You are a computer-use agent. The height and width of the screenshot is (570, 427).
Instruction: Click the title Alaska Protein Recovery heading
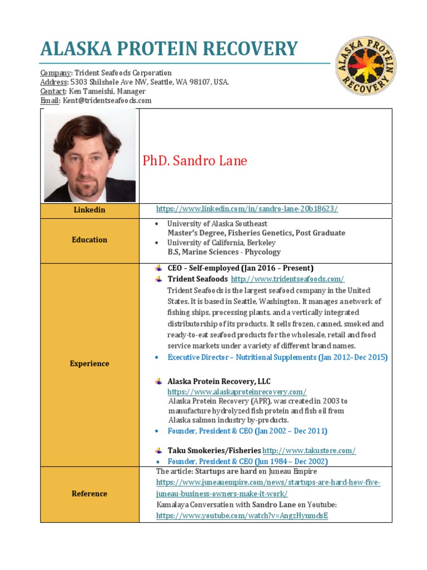[x=169, y=49]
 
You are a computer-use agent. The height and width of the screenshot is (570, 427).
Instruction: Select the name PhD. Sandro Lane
[x=195, y=161]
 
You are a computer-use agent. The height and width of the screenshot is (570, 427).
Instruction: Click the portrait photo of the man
[x=90, y=155]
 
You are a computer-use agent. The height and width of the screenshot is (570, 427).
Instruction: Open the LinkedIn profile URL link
[x=247, y=209]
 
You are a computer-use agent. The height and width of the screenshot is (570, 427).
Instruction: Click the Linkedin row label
[x=90, y=210]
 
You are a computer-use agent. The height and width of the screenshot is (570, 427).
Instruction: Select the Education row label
[x=90, y=240]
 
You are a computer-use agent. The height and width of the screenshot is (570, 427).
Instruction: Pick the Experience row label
[x=90, y=363]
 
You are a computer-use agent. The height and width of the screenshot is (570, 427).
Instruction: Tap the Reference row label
[x=90, y=494]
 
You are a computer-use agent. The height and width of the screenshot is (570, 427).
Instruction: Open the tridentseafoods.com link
[x=287, y=279]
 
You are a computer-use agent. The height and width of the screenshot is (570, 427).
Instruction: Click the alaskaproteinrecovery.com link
[x=237, y=392]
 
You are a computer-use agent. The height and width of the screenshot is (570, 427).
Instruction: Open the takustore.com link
[x=309, y=450]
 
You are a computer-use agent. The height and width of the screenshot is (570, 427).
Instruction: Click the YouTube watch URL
[x=242, y=515]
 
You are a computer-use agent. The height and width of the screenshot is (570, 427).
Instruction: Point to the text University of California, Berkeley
[x=221, y=243]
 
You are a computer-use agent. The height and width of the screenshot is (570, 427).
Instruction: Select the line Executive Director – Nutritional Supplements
[x=277, y=357]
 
